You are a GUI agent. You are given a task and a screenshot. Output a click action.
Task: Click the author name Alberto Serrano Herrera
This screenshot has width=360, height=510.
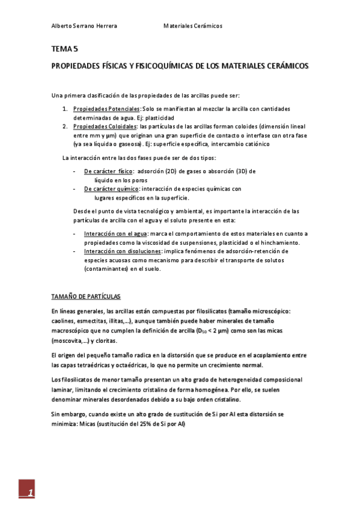pos(84,26)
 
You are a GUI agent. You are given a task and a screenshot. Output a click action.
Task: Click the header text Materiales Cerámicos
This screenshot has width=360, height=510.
pos(193,26)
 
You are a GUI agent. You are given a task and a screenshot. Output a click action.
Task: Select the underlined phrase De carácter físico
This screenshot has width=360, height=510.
pos(108,171)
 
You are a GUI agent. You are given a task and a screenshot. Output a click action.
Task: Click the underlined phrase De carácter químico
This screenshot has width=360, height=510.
pos(111,189)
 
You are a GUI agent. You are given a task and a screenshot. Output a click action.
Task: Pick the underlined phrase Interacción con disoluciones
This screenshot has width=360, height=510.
pos(123,251)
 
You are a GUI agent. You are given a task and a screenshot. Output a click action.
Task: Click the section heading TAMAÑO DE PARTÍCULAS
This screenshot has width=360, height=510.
pos(86,296)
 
